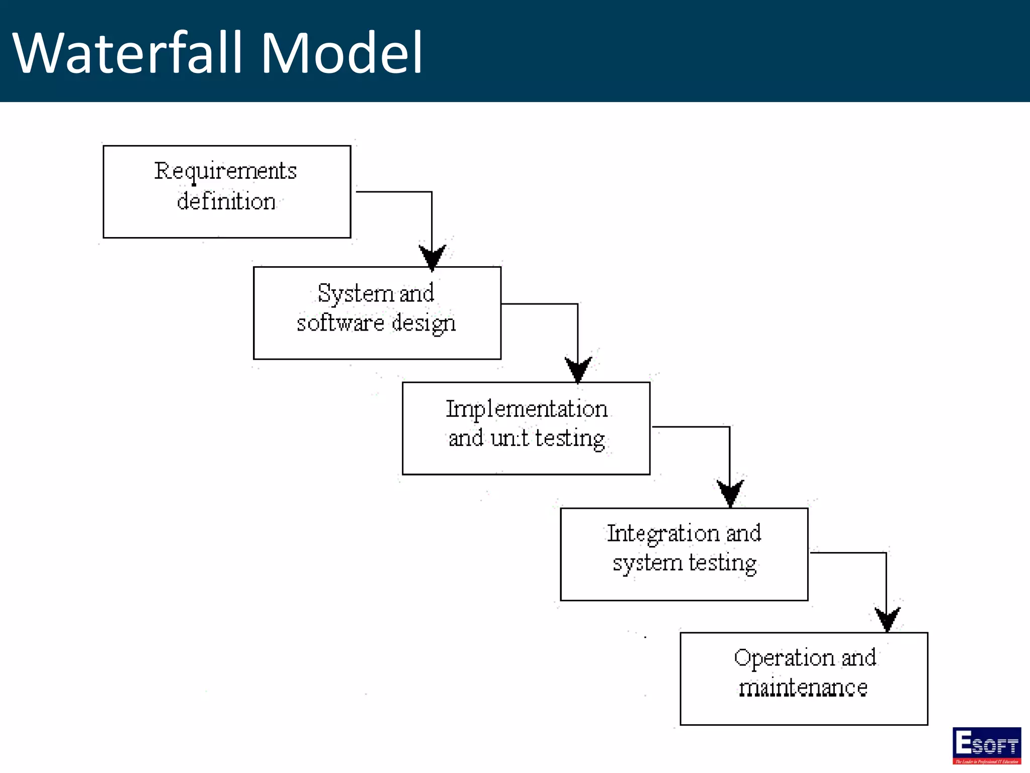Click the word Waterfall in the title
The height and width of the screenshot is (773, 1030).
pyautogui.click(x=128, y=53)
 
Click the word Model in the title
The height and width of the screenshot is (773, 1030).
pyautogui.click(x=341, y=53)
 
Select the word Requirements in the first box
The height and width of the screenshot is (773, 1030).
pyautogui.click(x=225, y=171)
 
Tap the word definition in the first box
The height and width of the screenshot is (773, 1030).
pyautogui.click(x=226, y=201)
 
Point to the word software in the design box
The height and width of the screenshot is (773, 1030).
pyautogui.click(x=340, y=323)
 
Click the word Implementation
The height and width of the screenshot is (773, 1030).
pyautogui.click(x=527, y=409)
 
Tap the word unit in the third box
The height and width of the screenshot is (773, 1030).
pyautogui.click(x=509, y=438)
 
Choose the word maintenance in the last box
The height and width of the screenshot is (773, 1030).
pyautogui.click(x=803, y=688)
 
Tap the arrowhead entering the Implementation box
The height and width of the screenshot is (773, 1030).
pyautogui.click(x=578, y=369)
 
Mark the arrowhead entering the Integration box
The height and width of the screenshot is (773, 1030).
pyautogui.click(x=730, y=492)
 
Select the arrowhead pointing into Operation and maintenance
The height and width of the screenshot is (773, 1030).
pyautogui.click(x=887, y=619)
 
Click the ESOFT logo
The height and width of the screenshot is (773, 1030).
pyautogui.click(x=986, y=745)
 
